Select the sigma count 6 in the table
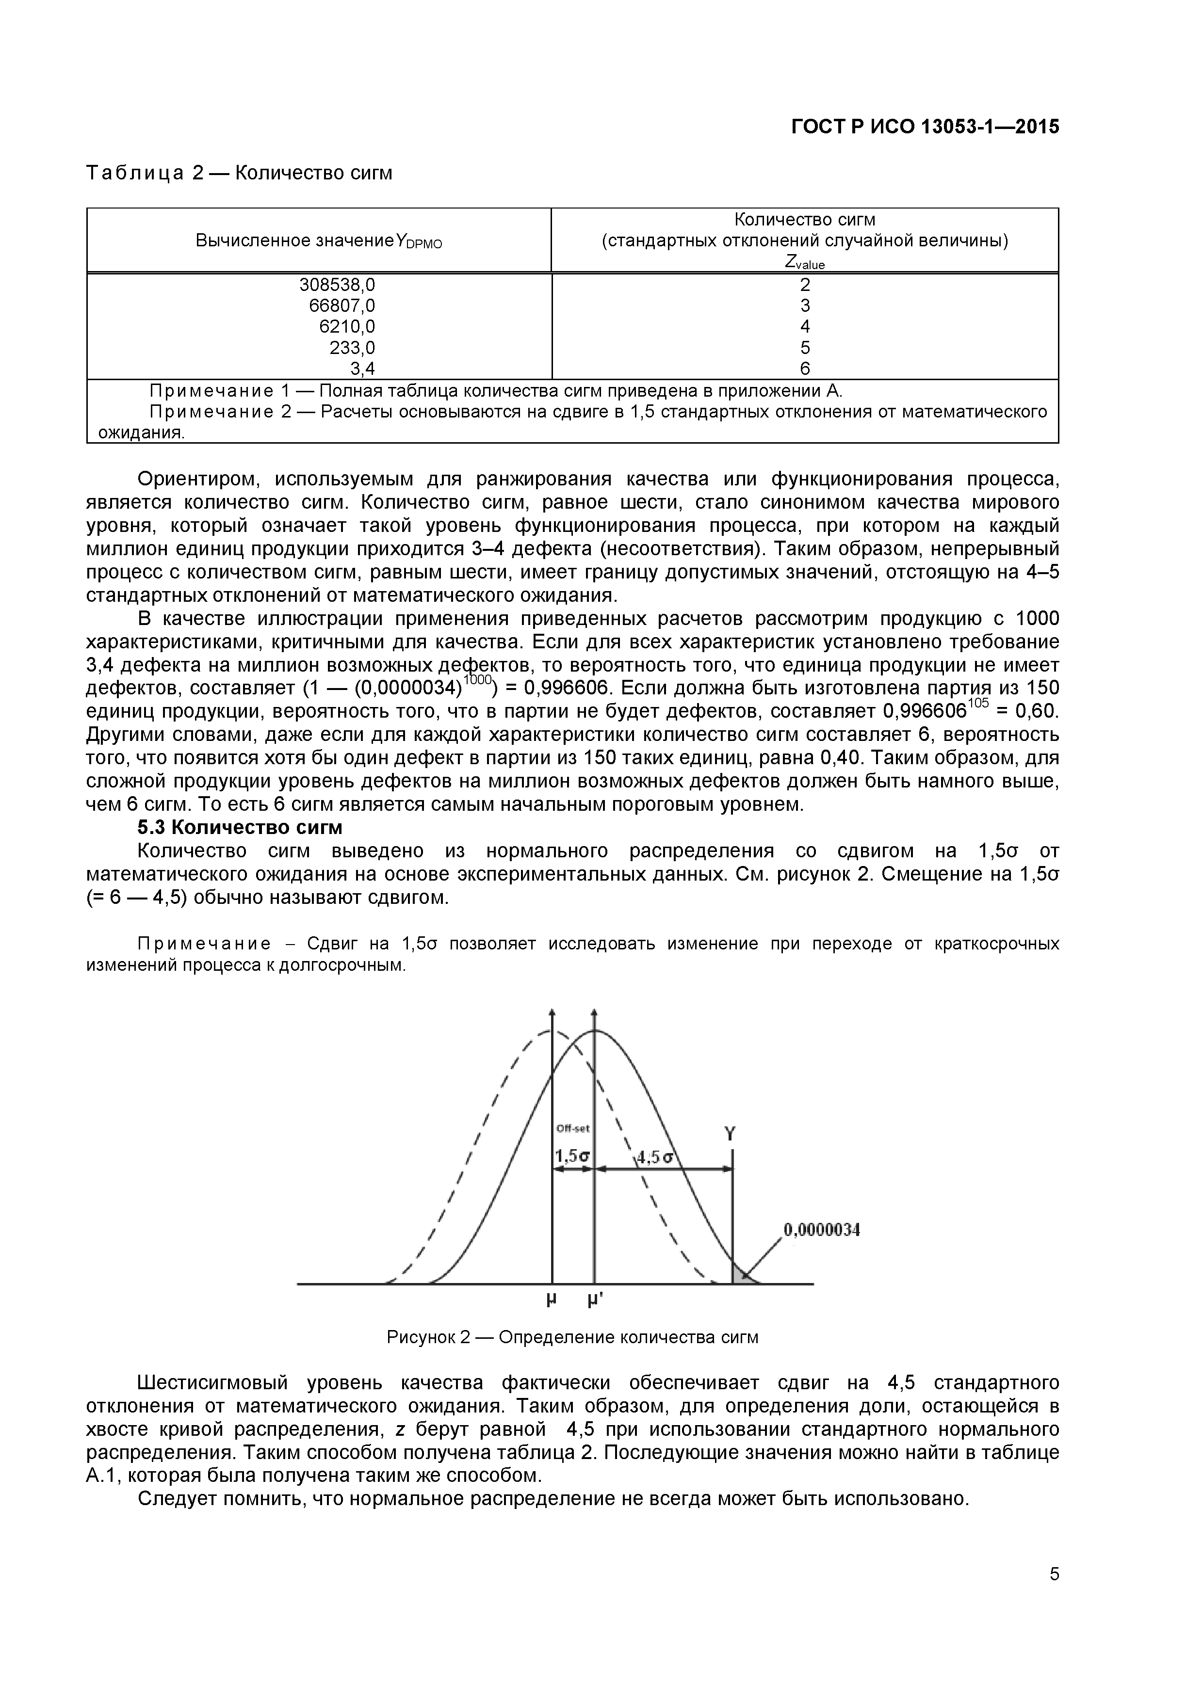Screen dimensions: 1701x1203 (805, 368)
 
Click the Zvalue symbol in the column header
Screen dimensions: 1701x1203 (805, 262)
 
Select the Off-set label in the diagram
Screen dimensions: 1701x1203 (573, 1129)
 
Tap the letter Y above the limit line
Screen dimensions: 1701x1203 (730, 1134)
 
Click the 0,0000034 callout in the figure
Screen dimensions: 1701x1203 (821, 1231)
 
